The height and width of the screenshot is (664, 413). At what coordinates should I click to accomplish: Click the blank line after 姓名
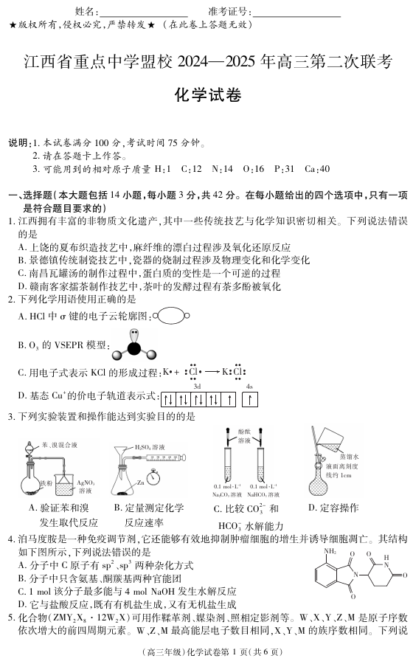coord(143,13)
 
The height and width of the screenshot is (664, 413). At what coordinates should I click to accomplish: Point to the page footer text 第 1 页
coord(214,652)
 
